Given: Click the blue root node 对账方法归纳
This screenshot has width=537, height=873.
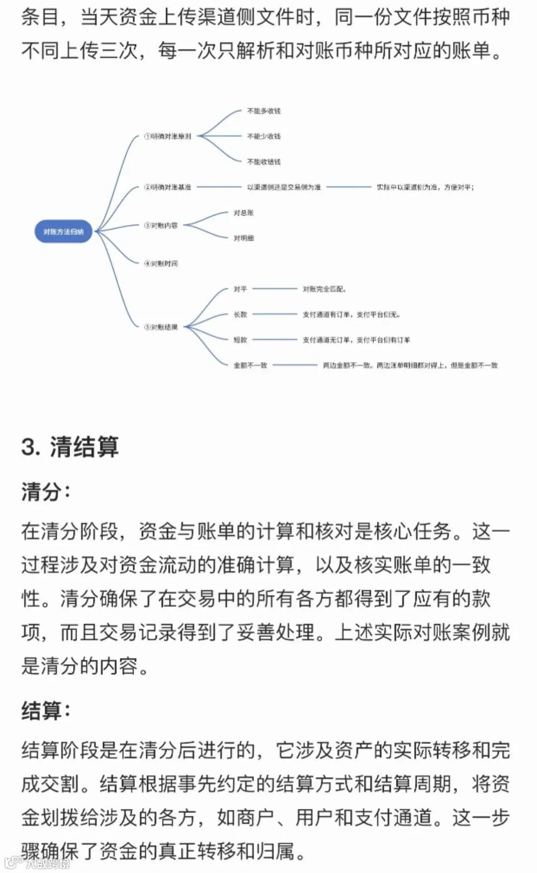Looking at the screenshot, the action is tap(63, 232).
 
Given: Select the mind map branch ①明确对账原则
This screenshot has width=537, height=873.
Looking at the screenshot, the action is tap(168, 136).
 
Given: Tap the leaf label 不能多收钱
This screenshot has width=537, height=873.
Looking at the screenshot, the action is tap(264, 111).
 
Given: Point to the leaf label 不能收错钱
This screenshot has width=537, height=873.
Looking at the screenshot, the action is tap(264, 161).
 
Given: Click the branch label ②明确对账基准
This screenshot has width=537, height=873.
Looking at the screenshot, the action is tap(168, 187).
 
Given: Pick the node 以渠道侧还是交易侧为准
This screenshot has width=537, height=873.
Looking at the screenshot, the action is tap(284, 187).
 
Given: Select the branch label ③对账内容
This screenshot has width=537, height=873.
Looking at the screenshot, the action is tap(161, 226).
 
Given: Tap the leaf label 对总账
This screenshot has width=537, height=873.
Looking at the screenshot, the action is tap(244, 213).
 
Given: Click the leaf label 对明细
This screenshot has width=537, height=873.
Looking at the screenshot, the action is tap(244, 238).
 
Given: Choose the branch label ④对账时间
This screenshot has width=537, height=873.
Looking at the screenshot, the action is tap(161, 263).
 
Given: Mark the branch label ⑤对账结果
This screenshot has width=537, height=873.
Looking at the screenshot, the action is tap(161, 327).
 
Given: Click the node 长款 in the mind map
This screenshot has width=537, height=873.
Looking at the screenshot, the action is tap(240, 314).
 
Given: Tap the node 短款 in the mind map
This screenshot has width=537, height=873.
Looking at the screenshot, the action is tap(240, 340).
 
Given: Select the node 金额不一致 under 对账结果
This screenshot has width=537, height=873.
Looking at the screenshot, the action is tap(250, 365).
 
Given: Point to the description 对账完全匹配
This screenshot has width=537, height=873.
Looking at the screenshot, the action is tap(324, 289).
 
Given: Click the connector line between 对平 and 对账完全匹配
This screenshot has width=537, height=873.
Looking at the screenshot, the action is tap(274, 289).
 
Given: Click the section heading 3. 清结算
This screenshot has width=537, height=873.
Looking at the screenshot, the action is tap(70, 446).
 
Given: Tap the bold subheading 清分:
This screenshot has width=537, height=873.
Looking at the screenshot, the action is tap(46, 492).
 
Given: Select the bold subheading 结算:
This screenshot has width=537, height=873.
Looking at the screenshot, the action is tap(46, 711).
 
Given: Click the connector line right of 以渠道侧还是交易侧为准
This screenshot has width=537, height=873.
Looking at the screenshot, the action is tap(349, 187).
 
